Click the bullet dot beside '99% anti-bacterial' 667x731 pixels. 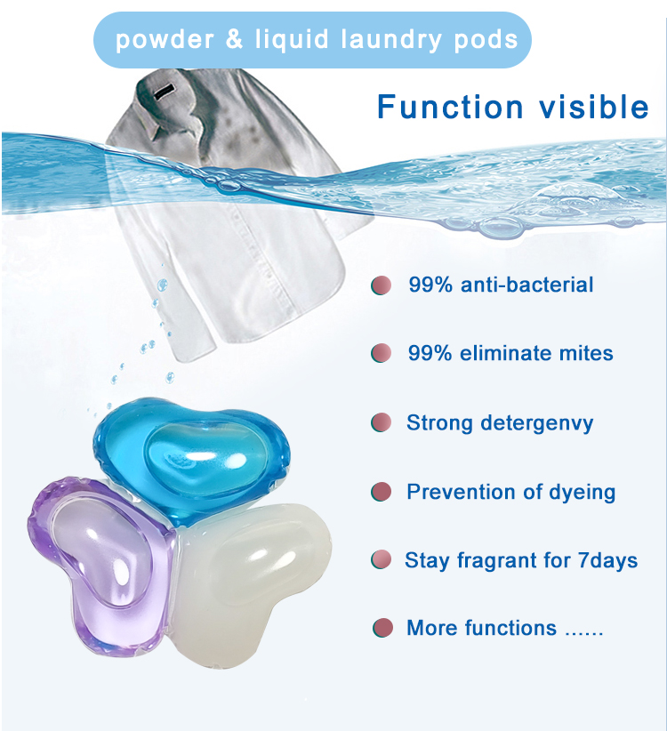coord(382,286)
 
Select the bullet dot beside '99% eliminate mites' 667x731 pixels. coord(382,353)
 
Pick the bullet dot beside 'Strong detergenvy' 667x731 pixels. coord(382,422)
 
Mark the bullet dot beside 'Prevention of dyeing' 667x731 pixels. coord(382,491)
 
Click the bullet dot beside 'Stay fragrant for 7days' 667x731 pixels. coord(382,560)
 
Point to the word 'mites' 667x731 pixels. coord(586,353)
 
